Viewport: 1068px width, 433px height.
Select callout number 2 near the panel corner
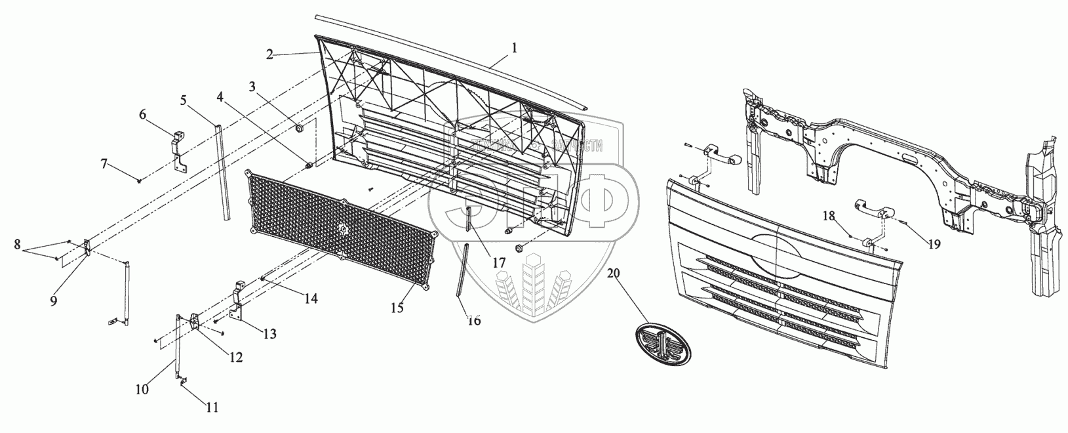[269, 54]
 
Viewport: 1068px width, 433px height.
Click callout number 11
[212, 407]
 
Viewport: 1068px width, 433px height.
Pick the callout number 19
[934, 245]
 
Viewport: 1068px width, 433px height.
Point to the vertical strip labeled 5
[222, 171]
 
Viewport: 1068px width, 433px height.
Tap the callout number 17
[499, 262]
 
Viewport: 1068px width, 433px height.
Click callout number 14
[311, 299]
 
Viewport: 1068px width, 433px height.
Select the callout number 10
[142, 389]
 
